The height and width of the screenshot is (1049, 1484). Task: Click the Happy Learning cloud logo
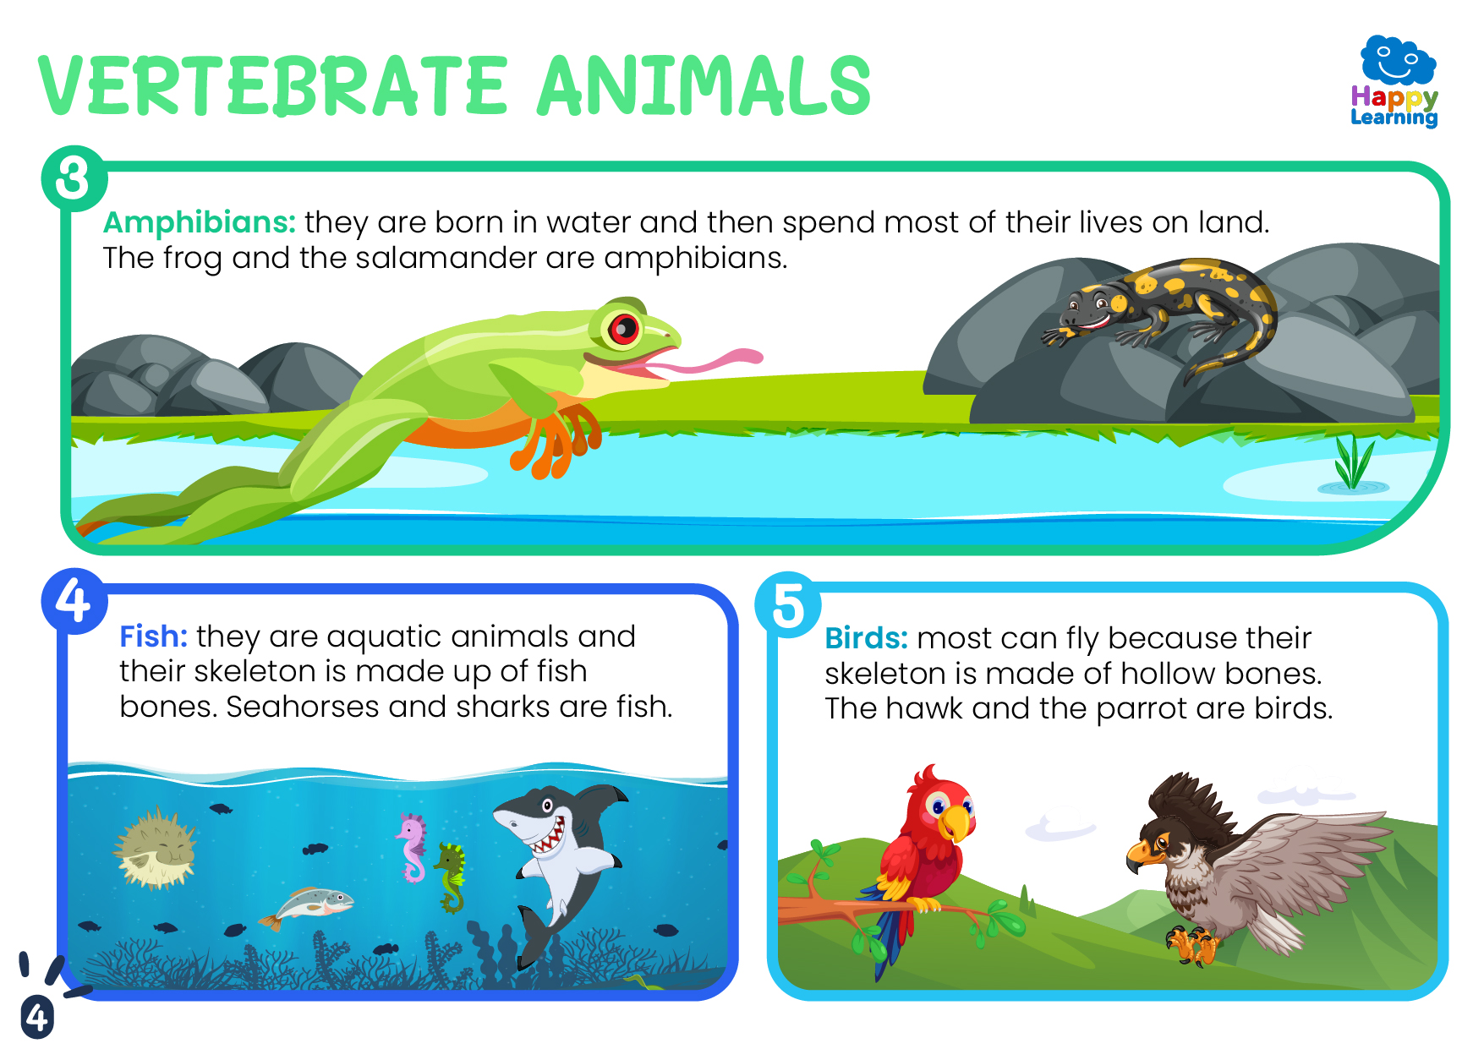pos(1395,80)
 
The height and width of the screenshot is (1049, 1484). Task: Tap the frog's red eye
pos(624,328)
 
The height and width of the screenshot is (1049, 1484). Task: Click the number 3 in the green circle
pos(74,178)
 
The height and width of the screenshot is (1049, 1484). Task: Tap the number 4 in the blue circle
pos(74,600)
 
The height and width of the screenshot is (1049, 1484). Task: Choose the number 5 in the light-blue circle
pos(788,605)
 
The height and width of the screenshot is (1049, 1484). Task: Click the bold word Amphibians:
pos(200,222)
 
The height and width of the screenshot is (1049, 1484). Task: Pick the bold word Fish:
pos(153,636)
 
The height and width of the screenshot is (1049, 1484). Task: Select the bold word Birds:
pos(866,637)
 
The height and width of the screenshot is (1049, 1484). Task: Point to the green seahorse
pos(451,877)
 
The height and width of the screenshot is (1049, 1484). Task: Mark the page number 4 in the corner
pos(37,1017)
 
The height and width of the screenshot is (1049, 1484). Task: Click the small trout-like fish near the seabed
pos(307,905)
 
